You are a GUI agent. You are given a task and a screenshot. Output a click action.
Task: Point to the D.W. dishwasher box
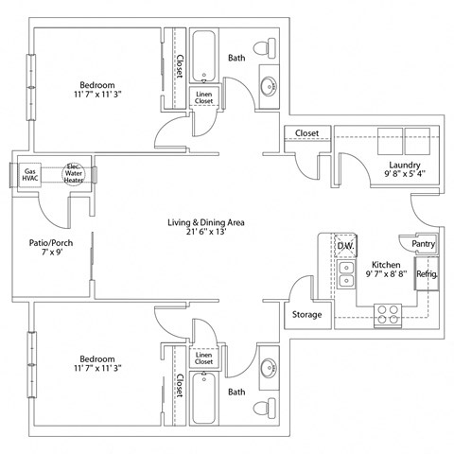[x=345, y=247]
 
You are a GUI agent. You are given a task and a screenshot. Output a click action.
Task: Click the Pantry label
[x=422, y=244]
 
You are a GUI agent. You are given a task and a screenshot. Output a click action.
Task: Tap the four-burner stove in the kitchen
[x=387, y=313]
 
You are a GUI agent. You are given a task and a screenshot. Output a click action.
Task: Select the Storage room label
[x=306, y=314]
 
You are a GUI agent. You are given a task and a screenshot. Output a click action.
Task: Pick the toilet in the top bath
[x=270, y=46]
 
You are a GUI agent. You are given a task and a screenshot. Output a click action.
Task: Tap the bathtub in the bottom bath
[x=204, y=398]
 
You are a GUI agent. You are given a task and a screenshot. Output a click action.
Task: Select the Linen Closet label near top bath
[x=204, y=96]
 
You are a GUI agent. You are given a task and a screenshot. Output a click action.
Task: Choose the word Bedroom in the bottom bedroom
[x=97, y=358]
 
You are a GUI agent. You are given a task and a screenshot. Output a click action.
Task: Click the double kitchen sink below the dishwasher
[x=346, y=275]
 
